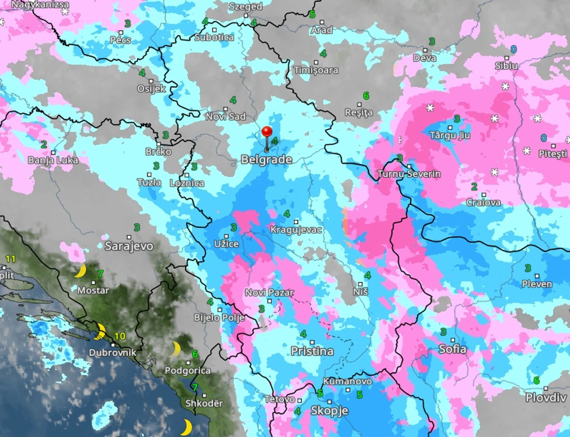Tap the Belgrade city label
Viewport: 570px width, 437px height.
pos(266,160)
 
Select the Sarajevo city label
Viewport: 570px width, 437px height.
pos(129,246)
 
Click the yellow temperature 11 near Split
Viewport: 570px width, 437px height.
pos(10,259)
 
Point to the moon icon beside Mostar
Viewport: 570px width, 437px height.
pos(80,271)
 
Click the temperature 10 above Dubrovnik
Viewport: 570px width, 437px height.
pos(120,336)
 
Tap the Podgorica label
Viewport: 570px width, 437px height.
pos(188,370)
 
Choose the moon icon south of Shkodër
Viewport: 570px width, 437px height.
pos(186,427)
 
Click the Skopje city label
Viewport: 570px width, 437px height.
pos(329,411)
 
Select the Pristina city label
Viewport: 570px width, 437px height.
pos(312,351)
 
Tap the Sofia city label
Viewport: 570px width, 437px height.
pos(452,349)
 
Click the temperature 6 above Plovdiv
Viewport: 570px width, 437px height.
pos(537,380)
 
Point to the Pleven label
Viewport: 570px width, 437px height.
pos(537,284)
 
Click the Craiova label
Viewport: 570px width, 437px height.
pos(483,202)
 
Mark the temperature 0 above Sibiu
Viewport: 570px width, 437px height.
pos(514,49)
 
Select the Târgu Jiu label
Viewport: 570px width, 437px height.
pos(449,135)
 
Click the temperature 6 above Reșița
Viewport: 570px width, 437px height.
pos(366,96)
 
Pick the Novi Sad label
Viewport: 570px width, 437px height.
pos(226,116)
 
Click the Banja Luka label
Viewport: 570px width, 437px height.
pos(53,161)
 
